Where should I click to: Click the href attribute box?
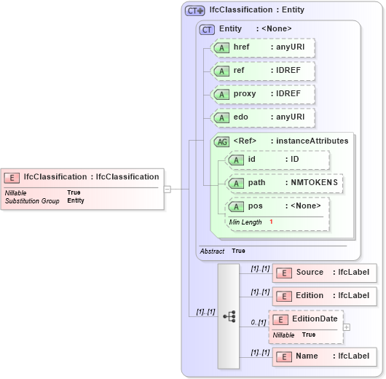[x=262, y=47]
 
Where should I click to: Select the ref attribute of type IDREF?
[x=262, y=71]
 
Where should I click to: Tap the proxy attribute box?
[x=262, y=95]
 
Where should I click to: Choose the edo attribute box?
[x=262, y=118]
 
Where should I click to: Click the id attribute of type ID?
[x=278, y=160]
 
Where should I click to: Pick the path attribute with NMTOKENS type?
[x=285, y=183]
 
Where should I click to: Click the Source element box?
[x=325, y=273]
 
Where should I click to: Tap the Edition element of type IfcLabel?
[x=325, y=296]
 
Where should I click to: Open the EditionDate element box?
[x=306, y=319]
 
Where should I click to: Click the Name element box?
[x=325, y=356]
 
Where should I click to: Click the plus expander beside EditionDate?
[x=347, y=327]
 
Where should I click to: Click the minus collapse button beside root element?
[x=167, y=189]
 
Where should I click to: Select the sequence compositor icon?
[x=229, y=316]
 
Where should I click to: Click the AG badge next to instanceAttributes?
[x=221, y=141]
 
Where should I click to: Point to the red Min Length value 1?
[x=271, y=222]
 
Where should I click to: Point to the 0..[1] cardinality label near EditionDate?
[x=258, y=322]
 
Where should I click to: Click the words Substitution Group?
[x=32, y=200]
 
